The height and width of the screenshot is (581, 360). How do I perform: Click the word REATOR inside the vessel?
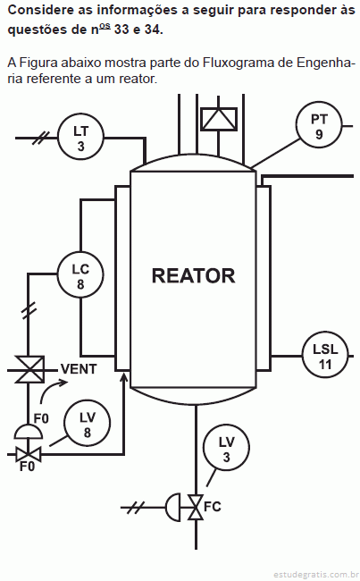pyautogui.click(x=193, y=275)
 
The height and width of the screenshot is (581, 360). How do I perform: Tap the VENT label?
pyautogui.click(x=79, y=369)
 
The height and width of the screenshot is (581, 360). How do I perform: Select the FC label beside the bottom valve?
pyautogui.click(x=213, y=507)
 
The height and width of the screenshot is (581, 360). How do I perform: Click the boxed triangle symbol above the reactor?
pyautogui.click(x=219, y=119)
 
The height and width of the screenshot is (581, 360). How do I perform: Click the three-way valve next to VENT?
pyautogui.click(x=29, y=369)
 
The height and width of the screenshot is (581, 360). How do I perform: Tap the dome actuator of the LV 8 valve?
pyautogui.click(x=29, y=432)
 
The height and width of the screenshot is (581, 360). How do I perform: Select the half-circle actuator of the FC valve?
pyautogui.click(x=173, y=507)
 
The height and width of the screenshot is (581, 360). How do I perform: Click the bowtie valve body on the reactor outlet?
pyautogui.click(x=196, y=507)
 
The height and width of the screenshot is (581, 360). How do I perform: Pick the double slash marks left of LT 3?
pyautogui.click(x=41, y=138)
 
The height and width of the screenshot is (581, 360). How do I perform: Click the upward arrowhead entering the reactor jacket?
pyautogui.click(x=124, y=377)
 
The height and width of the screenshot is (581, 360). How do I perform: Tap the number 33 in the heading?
pyautogui.click(x=121, y=29)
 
